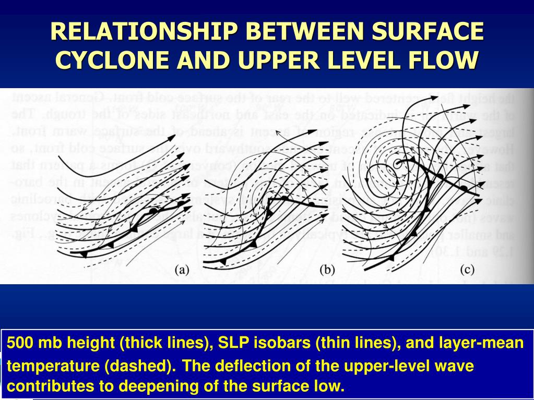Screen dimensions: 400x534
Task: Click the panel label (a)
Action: point(181,270)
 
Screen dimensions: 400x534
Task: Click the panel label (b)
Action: point(326,270)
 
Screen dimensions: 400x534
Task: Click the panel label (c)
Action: point(467,270)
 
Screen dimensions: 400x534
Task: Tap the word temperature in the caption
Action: point(52,366)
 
